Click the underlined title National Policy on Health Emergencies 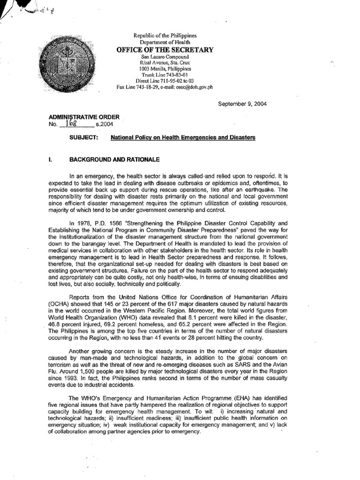[183, 138]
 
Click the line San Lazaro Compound [165, 56]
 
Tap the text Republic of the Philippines [165, 36]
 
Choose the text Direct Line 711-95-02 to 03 [165, 81]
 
